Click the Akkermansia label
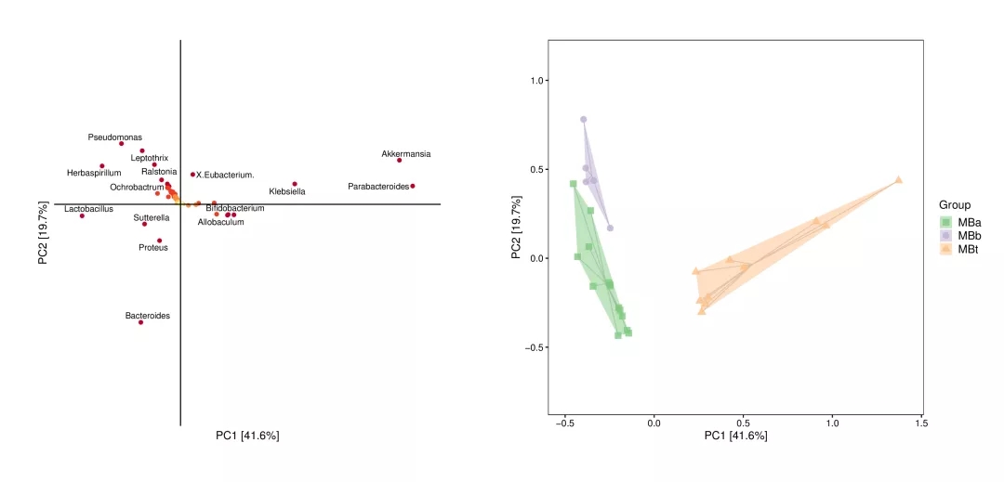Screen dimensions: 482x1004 pyautogui.click(x=406, y=154)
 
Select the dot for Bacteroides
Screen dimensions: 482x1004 pyautogui.click(x=140, y=322)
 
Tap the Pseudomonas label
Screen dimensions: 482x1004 pyautogui.click(x=115, y=137)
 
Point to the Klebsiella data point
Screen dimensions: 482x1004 pyautogui.click(x=295, y=184)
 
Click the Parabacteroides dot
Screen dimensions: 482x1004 pyautogui.click(x=413, y=186)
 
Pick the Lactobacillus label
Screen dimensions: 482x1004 pyautogui.click(x=88, y=209)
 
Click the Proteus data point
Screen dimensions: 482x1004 pyautogui.click(x=160, y=241)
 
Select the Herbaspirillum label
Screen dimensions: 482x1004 pyautogui.click(x=94, y=173)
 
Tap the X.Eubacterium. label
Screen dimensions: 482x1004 pyautogui.click(x=226, y=175)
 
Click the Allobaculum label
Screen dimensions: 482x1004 pyautogui.click(x=221, y=222)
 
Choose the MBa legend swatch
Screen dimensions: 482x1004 pyautogui.click(x=945, y=223)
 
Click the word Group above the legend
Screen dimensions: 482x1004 pyautogui.click(x=955, y=205)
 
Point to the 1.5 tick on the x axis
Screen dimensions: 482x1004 pyautogui.click(x=921, y=423)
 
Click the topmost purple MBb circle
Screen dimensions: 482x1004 pyautogui.click(x=584, y=120)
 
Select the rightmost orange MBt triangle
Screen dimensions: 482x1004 pyautogui.click(x=899, y=180)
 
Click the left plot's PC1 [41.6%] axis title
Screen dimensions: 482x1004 pyautogui.click(x=247, y=436)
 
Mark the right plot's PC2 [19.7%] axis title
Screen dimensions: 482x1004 pyautogui.click(x=517, y=228)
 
